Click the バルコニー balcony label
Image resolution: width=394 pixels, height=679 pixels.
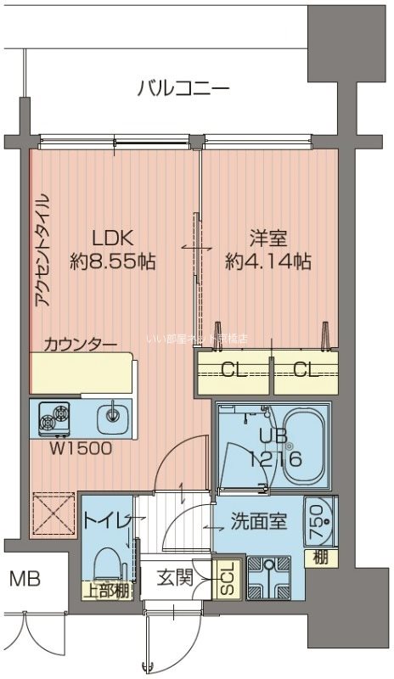coord(183,87)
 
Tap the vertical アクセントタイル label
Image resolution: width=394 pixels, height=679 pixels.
coord(43,251)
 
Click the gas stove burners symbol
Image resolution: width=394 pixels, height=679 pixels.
coord(54,417)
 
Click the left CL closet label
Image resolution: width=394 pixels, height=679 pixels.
coord(231,369)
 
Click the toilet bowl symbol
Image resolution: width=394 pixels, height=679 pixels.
coord(107,566)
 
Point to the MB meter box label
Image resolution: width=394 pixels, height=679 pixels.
coord(23,581)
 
